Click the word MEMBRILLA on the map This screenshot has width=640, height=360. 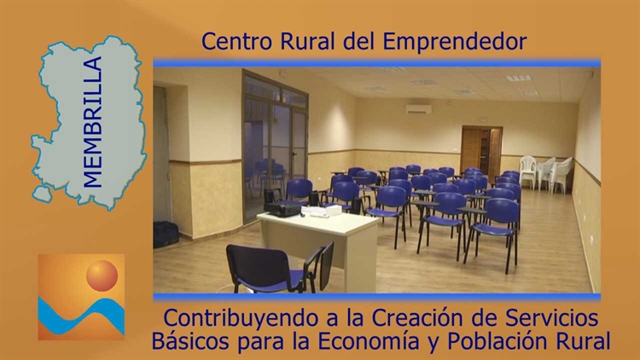[x=92, y=122]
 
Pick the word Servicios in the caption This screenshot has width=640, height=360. [x=551, y=317]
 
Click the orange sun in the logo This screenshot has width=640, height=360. [x=102, y=276]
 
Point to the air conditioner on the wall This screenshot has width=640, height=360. [x=419, y=109]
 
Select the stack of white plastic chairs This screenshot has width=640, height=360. [x=546, y=173]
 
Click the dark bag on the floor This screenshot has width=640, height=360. [x=166, y=235]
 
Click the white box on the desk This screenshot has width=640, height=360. [x=334, y=211]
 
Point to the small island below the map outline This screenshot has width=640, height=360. [x=43, y=195]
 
